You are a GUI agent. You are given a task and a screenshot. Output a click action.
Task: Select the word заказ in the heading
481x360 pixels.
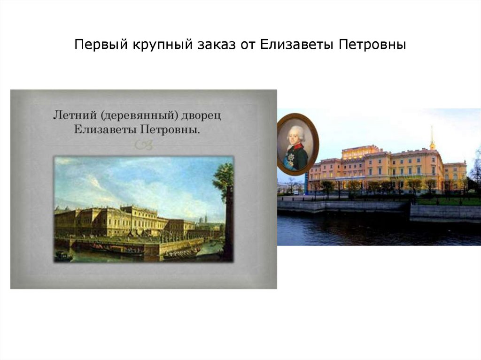pos(213,46)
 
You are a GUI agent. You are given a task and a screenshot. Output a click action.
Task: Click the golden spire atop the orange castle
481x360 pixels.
pos(432,137)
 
